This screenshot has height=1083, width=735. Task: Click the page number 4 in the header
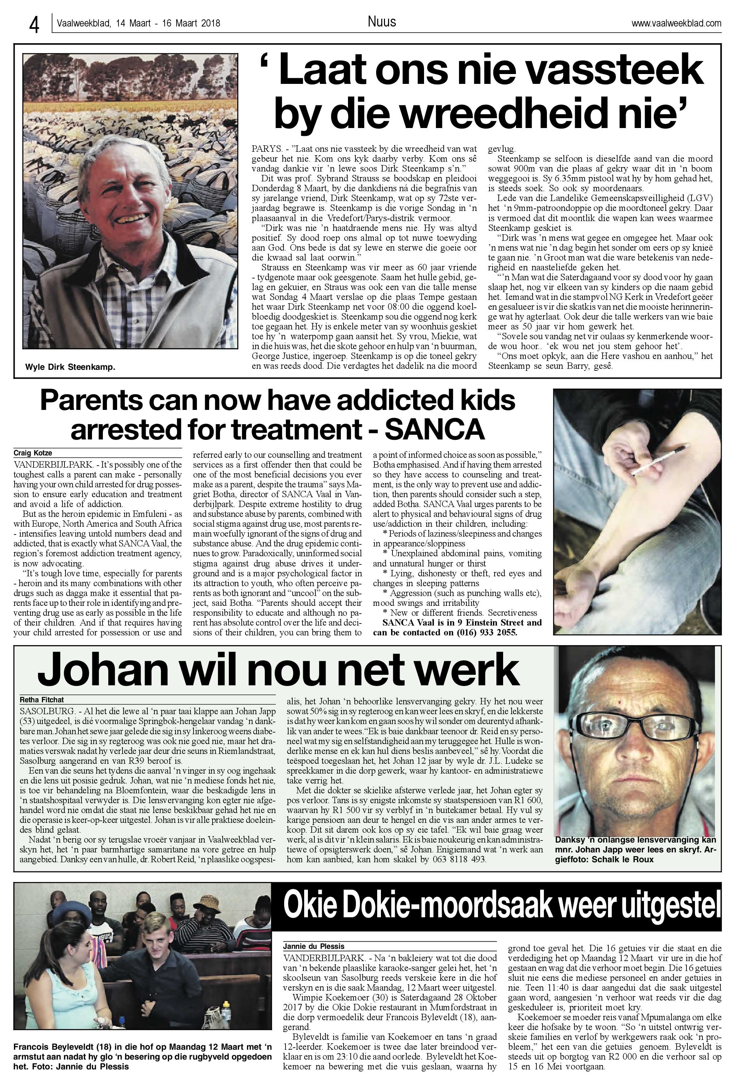34,25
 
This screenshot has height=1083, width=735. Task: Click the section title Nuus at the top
382,22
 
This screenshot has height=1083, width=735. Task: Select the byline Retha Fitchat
42,700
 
